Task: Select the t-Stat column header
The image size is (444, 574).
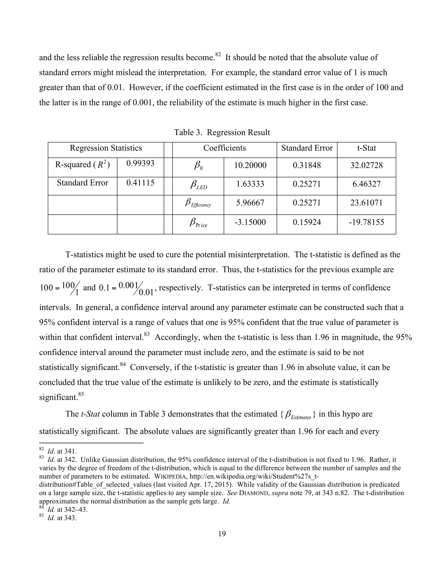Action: click(x=366, y=148)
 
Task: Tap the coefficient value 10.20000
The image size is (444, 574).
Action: click(x=250, y=165)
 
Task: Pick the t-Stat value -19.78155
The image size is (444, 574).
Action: click(x=366, y=222)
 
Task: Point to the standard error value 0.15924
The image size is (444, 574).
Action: click(x=307, y=222)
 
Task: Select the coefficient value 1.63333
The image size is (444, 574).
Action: click(x=250, y=184)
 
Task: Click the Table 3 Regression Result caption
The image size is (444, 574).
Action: click(x=222, y=133)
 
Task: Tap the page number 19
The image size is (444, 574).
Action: click(x=222, y=534)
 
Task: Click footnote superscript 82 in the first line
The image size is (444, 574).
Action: click(x=218, y=55)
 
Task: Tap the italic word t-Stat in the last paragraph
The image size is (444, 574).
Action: click(x=90, y=414)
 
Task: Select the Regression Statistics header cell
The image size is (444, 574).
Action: click(x=106, y=148)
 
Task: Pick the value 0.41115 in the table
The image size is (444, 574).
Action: click(x=140, y=183)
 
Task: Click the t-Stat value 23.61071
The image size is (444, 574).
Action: click(x=366, y=203)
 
